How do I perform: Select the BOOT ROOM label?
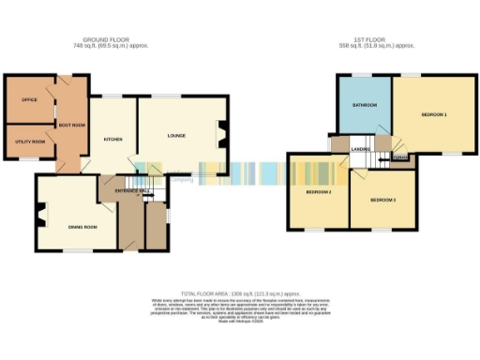[73, 125]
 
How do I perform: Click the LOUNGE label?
[176, 136]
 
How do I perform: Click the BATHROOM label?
[365, 104]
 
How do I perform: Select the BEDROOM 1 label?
[433, 114]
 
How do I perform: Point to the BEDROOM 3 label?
[382, 201]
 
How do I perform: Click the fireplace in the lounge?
[224, 131]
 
